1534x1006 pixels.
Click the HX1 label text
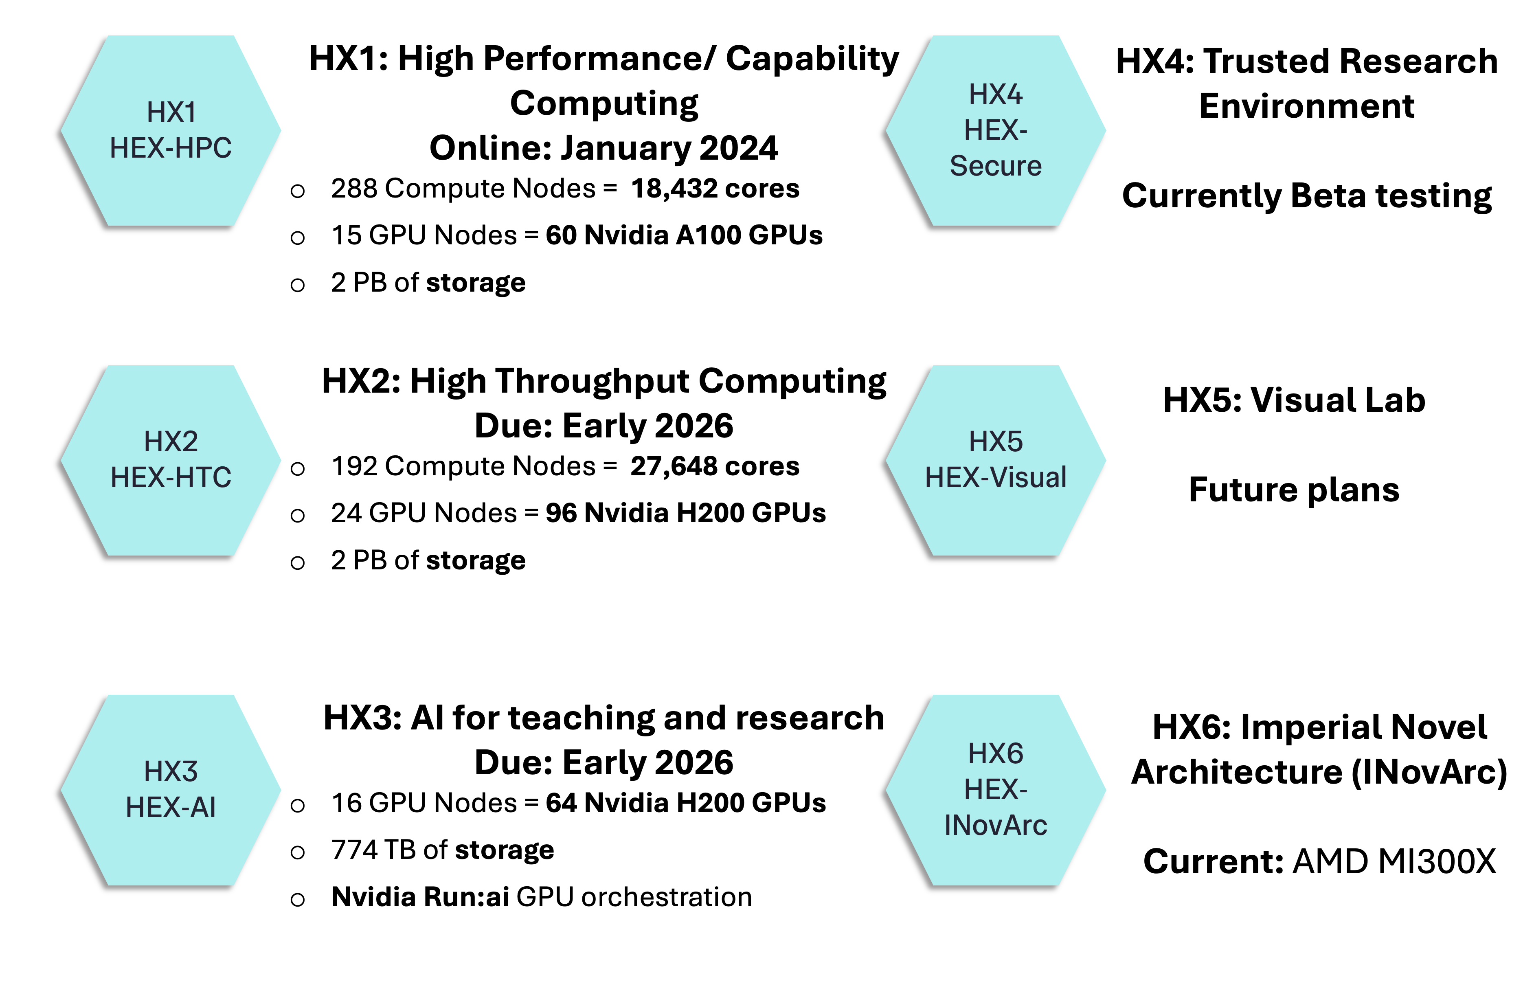click(171, 112)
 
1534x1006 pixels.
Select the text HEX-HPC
click(171, 148)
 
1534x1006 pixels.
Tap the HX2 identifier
click(171, 441)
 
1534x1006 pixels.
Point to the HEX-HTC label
click(171, 477)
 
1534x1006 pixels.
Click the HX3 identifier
click(171, 771)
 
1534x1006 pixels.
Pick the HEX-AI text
click(171, 808)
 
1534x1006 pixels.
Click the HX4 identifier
click(996, 95)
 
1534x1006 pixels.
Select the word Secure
click(996, 166)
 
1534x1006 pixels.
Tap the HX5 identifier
click(996, 441)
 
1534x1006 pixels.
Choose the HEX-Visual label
click(996, 477)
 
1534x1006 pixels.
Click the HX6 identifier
click(996, 753)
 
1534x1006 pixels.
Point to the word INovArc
click(996, 826)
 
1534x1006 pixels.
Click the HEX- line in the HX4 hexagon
click(996, 131)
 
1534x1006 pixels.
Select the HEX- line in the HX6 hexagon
click(996, 789)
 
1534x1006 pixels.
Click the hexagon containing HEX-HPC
click(171, 193)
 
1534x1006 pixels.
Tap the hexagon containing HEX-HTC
click(171, 522)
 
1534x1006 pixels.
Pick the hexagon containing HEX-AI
click(171, 851)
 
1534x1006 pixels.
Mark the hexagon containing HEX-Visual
click(996, 522)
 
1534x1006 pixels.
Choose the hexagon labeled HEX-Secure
click(996, 200)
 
